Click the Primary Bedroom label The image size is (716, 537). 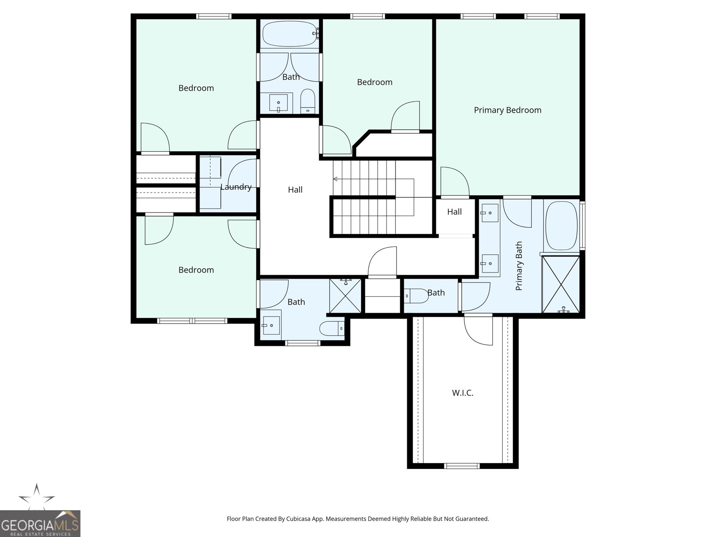tap(507, 110)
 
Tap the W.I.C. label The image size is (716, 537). tap(462, 393)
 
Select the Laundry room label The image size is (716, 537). tap(236, 187)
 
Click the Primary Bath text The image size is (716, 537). tap(519, 266)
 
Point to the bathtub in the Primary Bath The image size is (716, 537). tap(561, 226)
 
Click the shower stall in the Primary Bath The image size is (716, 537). tap(560, 284)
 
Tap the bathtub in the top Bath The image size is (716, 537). tap(290, 34)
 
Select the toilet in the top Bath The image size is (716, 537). tap(307, 102)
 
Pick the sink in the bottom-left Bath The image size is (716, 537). tap(271, 325)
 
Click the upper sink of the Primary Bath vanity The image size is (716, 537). tap(490, 212)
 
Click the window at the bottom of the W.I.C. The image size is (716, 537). tap(462, 466)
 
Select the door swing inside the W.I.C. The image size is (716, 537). tap(478, 330)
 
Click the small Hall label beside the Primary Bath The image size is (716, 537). tap(454, 212)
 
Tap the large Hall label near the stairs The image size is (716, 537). tap(295, 190)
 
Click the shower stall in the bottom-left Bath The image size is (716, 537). tap(345, 296)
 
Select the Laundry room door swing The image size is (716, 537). tap(244, 174)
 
